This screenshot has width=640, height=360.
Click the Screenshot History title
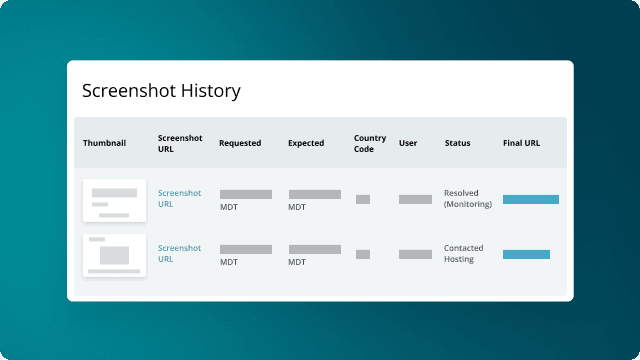(161, 91)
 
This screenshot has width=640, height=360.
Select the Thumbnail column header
(104, 143)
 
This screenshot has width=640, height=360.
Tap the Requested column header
(240, 143)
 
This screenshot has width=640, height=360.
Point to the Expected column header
(306, 143)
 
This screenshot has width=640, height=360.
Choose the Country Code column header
(364, 143)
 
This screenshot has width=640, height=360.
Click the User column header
(408, 143)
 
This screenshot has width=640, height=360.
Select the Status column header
(457, 143)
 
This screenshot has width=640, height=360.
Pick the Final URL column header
(521, 143)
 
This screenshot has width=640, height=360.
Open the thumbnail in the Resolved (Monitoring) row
(114, 199)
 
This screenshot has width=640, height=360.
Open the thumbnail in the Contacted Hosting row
(114, 255)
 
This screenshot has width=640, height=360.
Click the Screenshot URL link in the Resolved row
(179, 198)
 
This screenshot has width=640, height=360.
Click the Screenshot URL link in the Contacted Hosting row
(179, 253)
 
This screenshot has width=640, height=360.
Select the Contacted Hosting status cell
(465, 253)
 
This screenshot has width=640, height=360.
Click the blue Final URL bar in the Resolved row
(530, 199)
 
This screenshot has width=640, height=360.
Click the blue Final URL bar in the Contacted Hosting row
(526, 254)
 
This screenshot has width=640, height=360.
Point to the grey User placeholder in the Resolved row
(415, 199)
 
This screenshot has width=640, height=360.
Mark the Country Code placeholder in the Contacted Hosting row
(363, 254)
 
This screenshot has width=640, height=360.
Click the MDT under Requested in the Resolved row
(228, 207)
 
